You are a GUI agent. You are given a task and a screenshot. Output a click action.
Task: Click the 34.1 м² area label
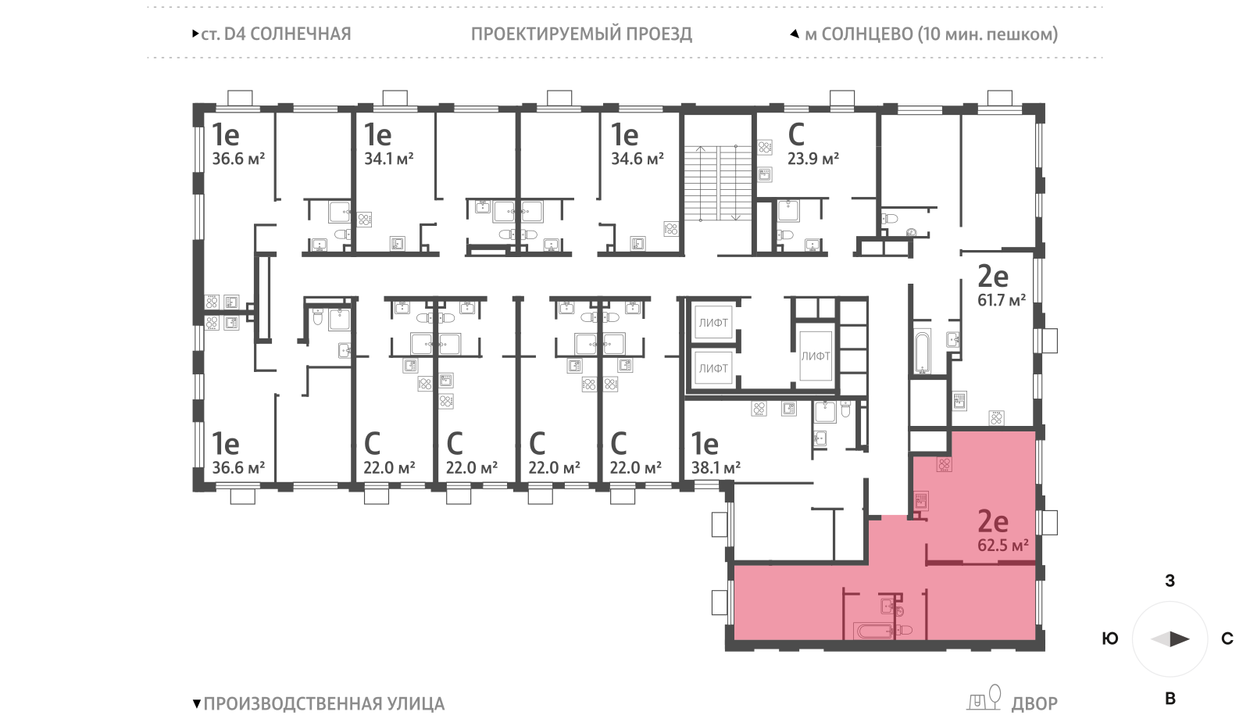click(x=388, y=159)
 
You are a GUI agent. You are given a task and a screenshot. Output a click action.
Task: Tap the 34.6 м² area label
click(x=637, y=159)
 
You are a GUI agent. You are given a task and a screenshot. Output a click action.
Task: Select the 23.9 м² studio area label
click(x=812, y=159)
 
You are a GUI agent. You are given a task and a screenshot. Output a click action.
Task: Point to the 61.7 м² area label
click(x=1001, y=300)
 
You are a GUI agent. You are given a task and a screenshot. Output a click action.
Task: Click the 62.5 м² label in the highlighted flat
click(x=1002, y=546)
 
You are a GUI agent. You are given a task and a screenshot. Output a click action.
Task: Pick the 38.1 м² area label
click(x=716, y=468)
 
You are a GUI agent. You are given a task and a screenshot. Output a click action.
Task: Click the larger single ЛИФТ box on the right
click(x=815, y=356)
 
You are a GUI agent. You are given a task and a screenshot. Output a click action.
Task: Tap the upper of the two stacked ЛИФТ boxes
click(x=712, y=322)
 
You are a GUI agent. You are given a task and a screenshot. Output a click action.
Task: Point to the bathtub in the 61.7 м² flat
click(x=923, y=352)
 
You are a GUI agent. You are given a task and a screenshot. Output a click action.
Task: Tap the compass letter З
click(x=1170, y=581)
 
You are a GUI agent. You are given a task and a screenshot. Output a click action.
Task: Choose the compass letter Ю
click(x=1109, y=639)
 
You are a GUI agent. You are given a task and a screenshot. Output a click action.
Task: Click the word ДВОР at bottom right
click(x=1034, y=703)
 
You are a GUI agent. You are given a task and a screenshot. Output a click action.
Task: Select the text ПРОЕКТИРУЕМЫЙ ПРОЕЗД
click(x=581, y=34)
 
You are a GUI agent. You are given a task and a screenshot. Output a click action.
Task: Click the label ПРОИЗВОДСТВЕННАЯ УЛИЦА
click(x=323, y=703)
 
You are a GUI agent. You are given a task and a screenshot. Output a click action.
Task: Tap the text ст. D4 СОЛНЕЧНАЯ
click(x=276, y=34)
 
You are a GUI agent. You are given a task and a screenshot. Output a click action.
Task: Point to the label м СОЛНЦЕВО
click(x=859, y=34)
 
